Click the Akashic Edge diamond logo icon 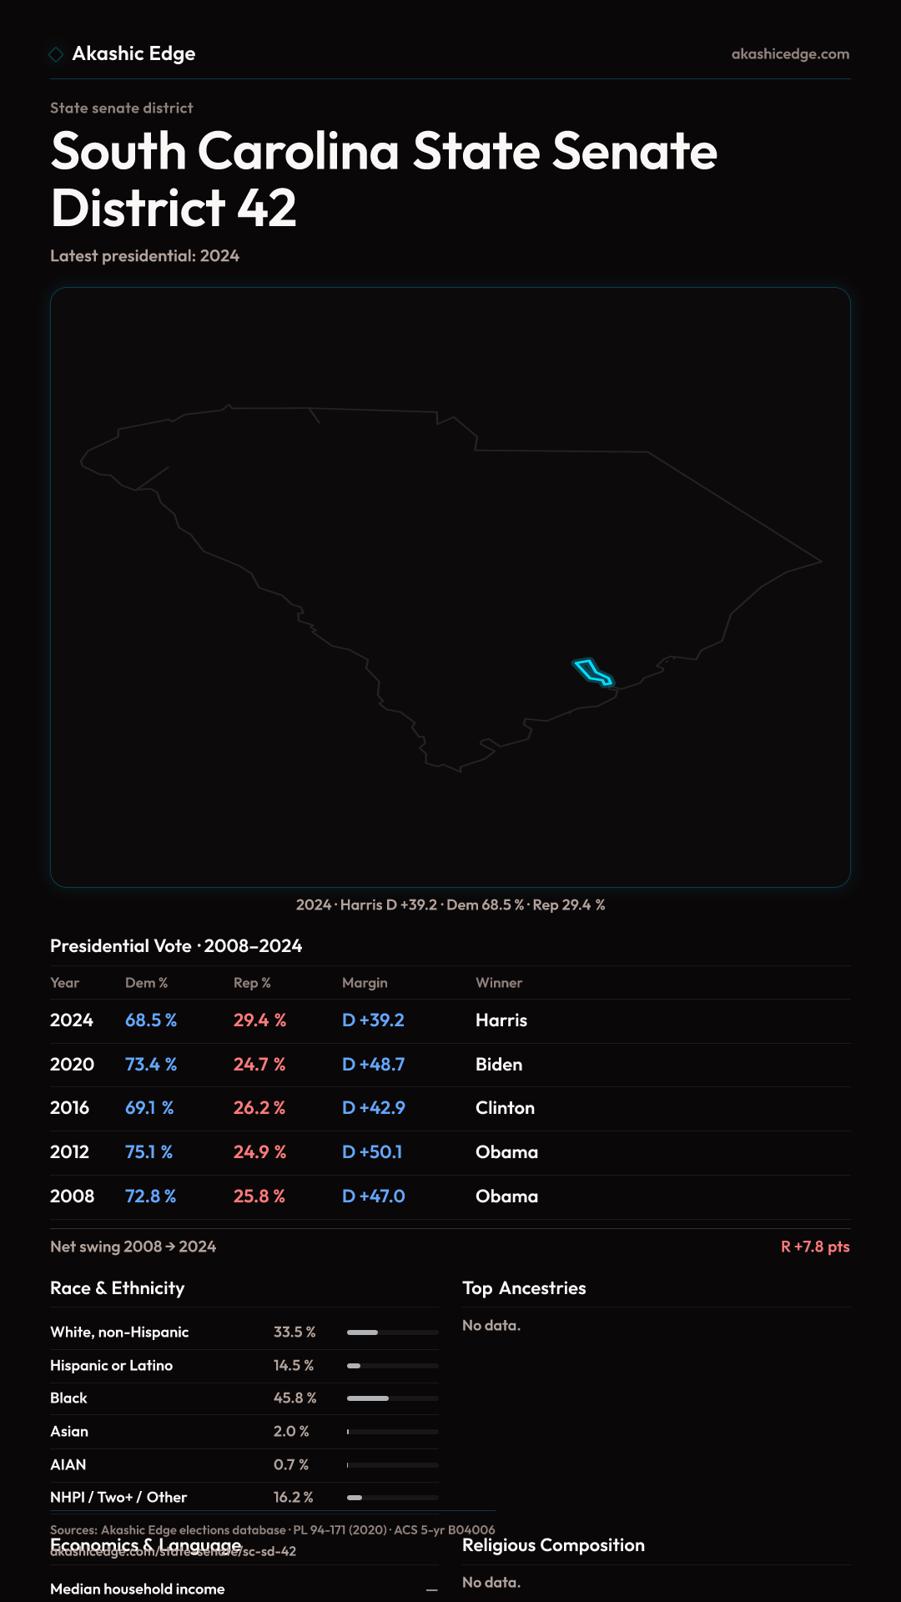point(56,54)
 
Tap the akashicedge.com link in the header point(790,54)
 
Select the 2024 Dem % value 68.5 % point(151,1020)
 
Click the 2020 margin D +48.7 point(373,1065)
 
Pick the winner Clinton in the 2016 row point(505,1108)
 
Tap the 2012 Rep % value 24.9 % point(259,1152)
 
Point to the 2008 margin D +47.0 point(373,1196)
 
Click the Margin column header point(365,983)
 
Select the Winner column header point(499,983)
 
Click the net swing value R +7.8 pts point(815,1247)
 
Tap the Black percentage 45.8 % point(294,1398)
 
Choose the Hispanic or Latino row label point(111,1365)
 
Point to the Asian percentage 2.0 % point(291,1431)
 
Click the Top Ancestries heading point(524,1288)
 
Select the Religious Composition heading point(553,1545)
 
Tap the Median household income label point(137,1589)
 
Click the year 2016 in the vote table point(69,1108)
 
